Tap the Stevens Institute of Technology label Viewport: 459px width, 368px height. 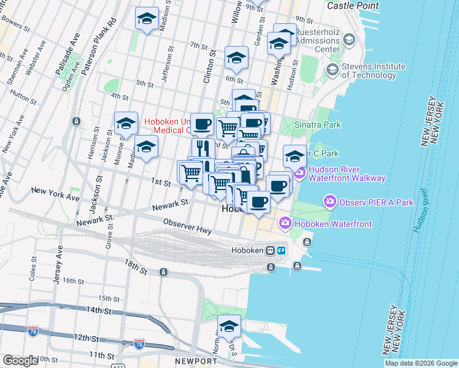pyautogui.click(x=374, y=71)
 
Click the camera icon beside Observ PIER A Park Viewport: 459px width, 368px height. pyautogui.click(x=330, y=201)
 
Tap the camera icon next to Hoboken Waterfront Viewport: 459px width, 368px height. pyautogui.click(x=285, y=224)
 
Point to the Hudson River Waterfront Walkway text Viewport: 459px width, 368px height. pyautogui.click(x=347, y=174)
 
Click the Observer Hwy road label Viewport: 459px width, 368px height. pyautogui.click(x=187, y=228)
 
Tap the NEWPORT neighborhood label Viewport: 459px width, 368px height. pyautogui.click(x=195, y=361)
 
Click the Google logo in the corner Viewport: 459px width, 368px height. pyautogui.click(x=20, y=361)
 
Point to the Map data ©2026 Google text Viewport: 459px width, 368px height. pyautogui.click(x=421, y=364)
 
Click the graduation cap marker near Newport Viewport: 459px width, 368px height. pyautogui.click(x=229, y=328)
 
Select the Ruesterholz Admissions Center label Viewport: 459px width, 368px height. pyautogui.click(x=318, y=40)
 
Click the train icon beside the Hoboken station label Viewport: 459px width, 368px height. pyautogui.click(x=269, y=250)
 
